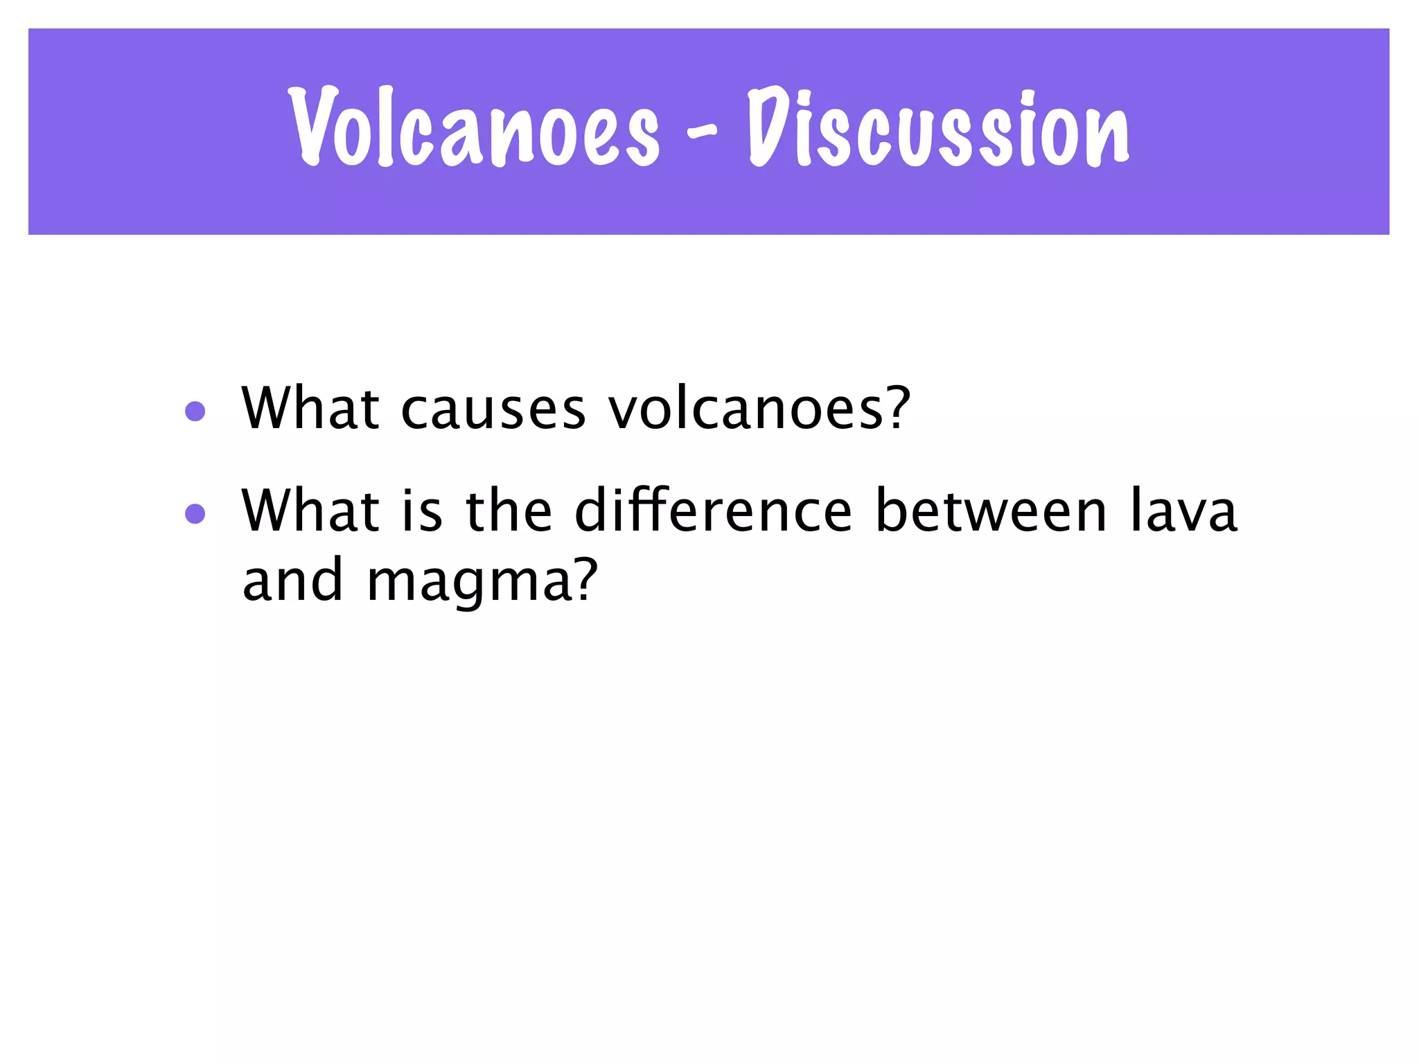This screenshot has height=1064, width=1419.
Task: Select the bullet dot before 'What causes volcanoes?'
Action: (195, 412)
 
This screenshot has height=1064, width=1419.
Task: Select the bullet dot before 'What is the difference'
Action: (195, 514)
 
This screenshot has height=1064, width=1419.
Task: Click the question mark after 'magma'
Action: (584, 579)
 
